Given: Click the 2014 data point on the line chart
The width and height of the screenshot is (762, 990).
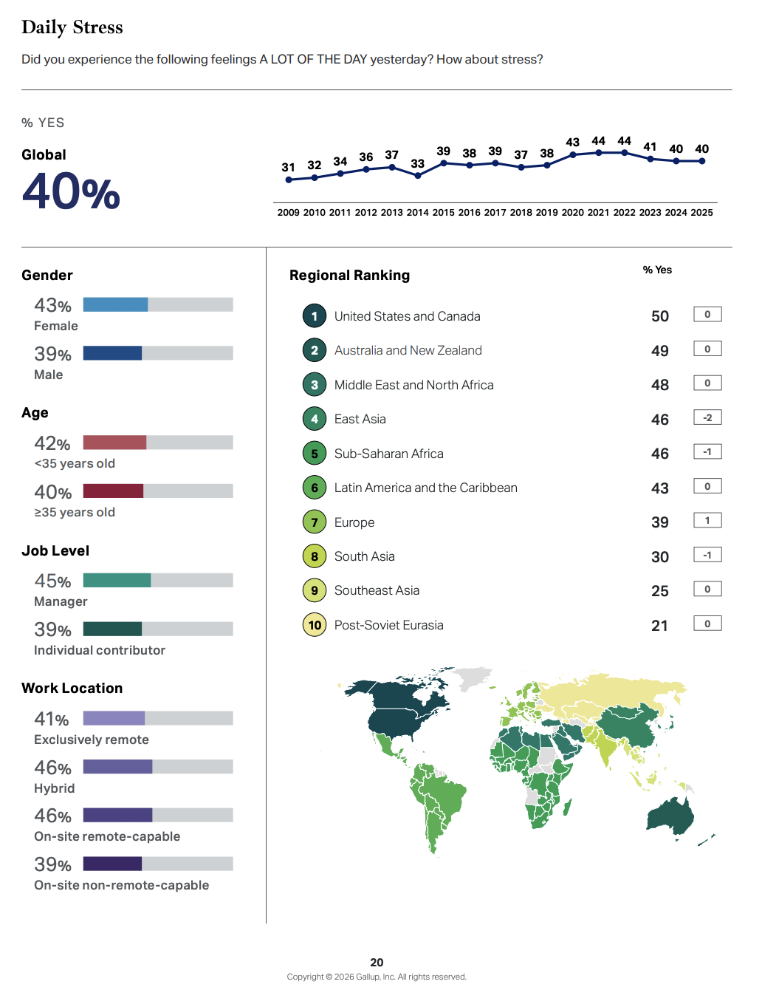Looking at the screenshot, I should tap(418, 176).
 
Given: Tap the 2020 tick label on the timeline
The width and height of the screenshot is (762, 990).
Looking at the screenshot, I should tap(572, 213).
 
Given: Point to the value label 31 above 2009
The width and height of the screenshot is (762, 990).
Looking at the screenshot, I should tap(289, 168).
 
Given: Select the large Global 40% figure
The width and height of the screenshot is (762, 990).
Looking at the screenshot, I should tap(71, 191).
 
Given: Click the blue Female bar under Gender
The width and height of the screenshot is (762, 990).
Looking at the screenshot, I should tap(115, 304).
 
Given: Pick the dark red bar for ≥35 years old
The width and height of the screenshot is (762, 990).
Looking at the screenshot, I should tap(113, 491).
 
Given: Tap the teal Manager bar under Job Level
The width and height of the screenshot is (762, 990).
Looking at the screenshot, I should tap(117, 581).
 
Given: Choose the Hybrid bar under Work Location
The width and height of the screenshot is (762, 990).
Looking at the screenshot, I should tap(117, 767).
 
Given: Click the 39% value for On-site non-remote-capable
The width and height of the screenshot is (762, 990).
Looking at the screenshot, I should tap(52, 864).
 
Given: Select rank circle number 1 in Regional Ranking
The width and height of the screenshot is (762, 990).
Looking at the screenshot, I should tap(315, 316).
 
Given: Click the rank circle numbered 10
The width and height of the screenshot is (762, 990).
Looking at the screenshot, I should tap(315, 625).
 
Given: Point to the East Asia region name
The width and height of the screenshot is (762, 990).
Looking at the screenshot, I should tap(360, 420).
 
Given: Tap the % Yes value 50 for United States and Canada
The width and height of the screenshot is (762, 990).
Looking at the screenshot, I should tap(659, 316).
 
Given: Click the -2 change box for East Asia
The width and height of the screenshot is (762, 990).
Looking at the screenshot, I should tap(707, 417).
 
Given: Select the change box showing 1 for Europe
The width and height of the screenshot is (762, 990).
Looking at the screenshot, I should tap(707, 520).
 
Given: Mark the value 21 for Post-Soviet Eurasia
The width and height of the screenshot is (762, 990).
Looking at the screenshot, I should tap(659, 626).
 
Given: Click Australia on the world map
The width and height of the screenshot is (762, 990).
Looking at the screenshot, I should tap(670, 816).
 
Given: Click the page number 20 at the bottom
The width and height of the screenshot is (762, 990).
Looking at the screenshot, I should tap(377, 962).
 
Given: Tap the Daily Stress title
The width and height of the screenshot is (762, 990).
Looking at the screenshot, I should tap(72, 27).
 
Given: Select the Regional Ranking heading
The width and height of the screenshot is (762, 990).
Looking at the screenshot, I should tap(349, 276).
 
